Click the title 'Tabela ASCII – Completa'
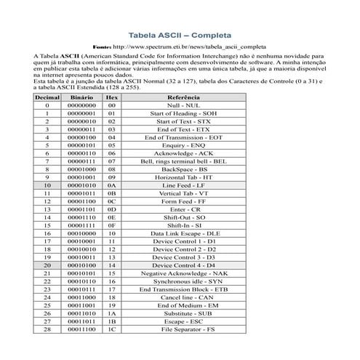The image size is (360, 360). tap(180, 33)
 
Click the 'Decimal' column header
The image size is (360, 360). tap(47, 96)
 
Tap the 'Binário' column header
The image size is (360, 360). tap(81, 96)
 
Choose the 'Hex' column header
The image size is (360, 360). tap(112, 96)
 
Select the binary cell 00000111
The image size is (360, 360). tap(81, 160)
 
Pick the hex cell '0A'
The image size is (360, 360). tap(112, 186)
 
